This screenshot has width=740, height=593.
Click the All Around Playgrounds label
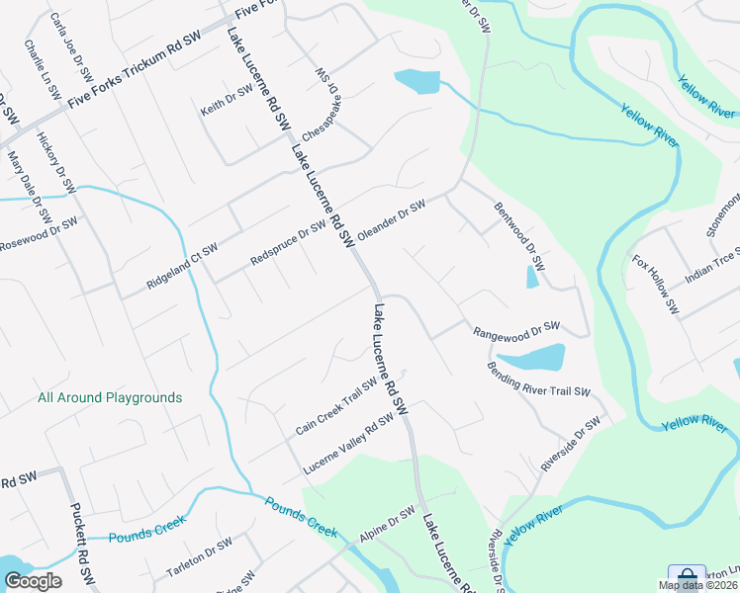click(110, 397)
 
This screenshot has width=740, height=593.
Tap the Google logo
click(34, 581)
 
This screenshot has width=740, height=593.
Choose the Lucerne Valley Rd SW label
click(349, 442)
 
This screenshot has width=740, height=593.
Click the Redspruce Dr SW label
click(288, 243)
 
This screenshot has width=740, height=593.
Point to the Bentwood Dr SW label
click(520, 238)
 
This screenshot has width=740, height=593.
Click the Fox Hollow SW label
click(656, 285)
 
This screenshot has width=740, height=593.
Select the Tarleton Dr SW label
click(199, 559)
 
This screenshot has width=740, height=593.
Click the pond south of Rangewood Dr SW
click(531, 356)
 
